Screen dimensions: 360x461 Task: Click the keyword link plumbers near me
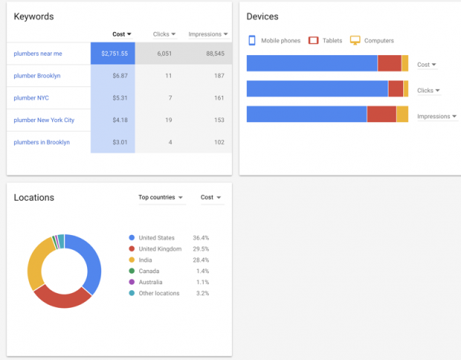(x=37, y=54)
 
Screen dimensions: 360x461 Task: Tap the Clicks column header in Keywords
(x=164, y=34)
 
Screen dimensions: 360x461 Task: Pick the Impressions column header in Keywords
(x=207, y=34)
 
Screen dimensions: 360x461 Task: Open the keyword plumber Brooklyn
(x=36, y=76)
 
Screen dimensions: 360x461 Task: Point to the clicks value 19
(x=168, y=120)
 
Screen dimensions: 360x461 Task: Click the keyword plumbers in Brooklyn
(x=42, y=142)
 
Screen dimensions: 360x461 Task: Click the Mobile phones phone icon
(x=252, y=40)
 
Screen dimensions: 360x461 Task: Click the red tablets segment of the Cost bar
(x=389, y=64)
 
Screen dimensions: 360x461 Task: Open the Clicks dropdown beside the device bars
(x=429, y=90)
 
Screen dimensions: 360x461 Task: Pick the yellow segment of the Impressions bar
(x=402, y=115)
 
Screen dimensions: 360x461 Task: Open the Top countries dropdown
(x=161, y=197)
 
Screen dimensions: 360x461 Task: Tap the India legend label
(x=146, y=260)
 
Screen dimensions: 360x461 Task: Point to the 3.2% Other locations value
(x=201, y=293)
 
